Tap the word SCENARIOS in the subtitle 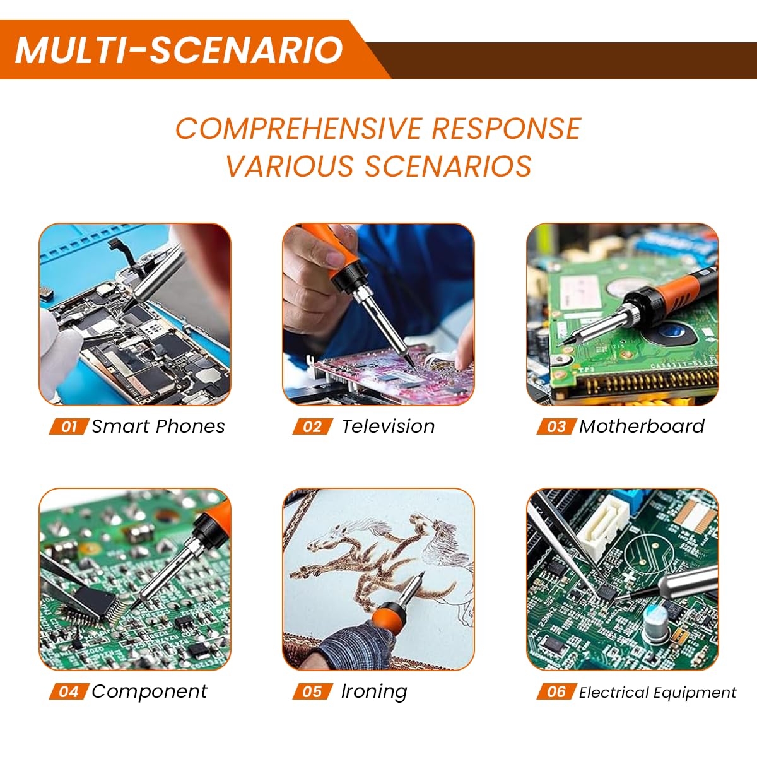click(x=448, y=167)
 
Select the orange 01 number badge click(x=68, y=427)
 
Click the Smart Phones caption click(x=158, y=426)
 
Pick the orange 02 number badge click(x=312, y=427)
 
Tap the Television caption click(x=388, y=426)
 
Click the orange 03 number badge click(x=556, y=427)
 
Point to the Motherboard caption click(x=642, y=426)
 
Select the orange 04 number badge click(x=68, y=692)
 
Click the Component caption click(x=149, y=691)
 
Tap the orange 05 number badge click(x=312, y=692)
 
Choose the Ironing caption click(x=374, y=691)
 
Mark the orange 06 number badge click(x=556, y=692)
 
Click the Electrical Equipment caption click(x=657, y=693)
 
